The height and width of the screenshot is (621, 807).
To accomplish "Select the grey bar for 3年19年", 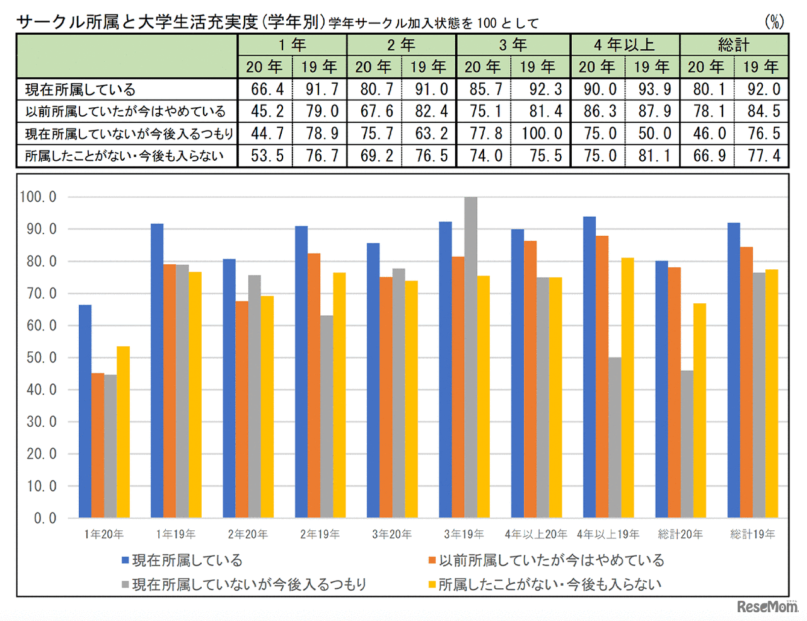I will tap(470, 357).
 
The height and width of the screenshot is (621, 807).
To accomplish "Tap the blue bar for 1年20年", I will tap(84, 411).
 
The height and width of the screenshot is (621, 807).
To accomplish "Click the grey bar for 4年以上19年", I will tap(615, 438).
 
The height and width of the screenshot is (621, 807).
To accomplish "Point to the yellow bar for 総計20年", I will tap(699, 410).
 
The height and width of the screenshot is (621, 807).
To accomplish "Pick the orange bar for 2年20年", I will tap(241, 409).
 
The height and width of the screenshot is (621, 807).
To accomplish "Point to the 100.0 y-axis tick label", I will tap(38, 197).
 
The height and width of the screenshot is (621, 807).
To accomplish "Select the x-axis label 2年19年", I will tap(320, 535).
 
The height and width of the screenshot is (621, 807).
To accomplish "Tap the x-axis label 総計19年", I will tap(752, 535).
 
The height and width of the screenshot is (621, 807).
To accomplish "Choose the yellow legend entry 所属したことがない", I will tap(545, 584).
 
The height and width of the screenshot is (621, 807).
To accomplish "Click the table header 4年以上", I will tap(624, 45).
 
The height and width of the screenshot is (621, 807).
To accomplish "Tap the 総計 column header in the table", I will tap(733, 45).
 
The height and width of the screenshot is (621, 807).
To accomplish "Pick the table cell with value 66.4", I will tap(267, 90).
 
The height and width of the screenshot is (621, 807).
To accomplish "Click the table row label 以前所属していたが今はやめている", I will tap(125, 112).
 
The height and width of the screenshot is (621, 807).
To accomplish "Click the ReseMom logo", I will tap(767, 606).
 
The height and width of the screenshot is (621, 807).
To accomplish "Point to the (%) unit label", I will tap(774, 22).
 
